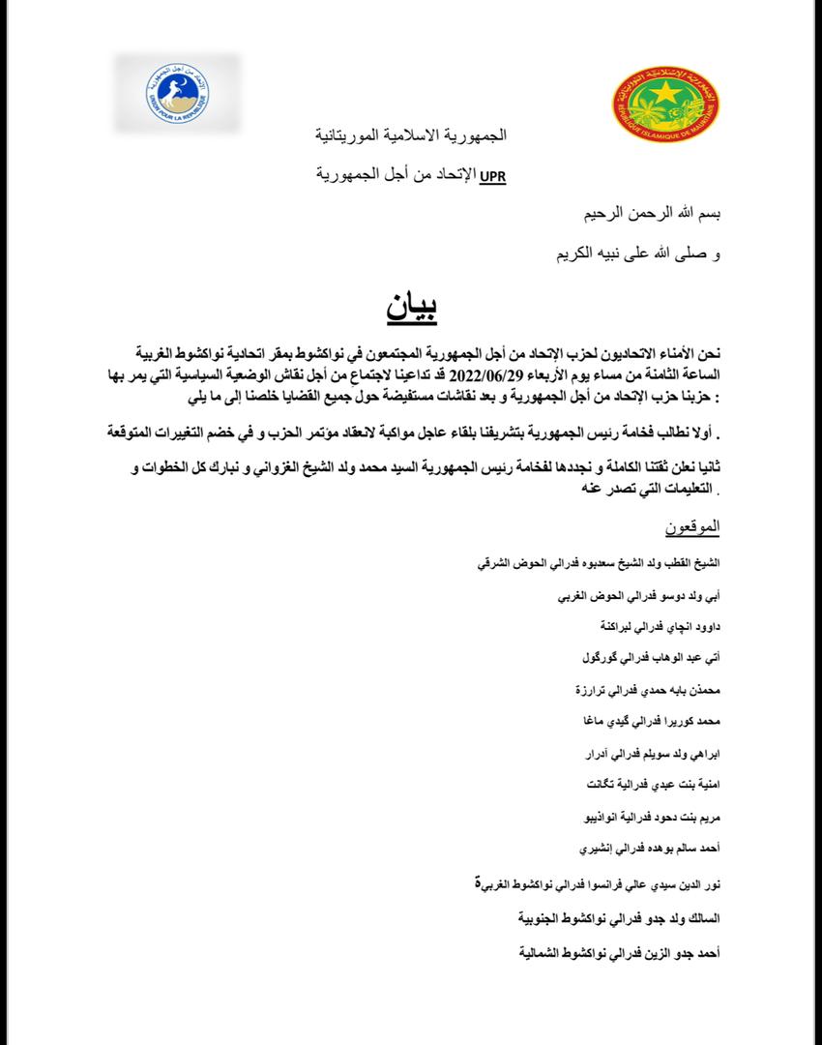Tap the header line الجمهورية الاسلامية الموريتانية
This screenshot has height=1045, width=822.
click(x=412, y=135)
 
